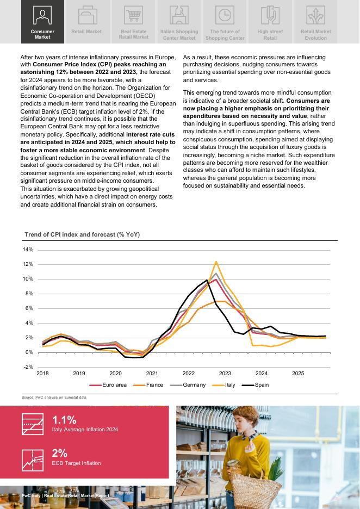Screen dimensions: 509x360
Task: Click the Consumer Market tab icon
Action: pyautogui.click(x=42, y=15)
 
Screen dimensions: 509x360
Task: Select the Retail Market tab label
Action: pyautogui.click(x=86, y=32)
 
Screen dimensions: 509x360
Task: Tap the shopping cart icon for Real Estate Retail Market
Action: pyautogui.click(x=133, y=15)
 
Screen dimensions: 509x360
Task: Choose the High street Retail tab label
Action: pyautogui.click(x=270, y=35)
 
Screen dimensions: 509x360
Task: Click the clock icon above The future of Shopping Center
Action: pyautogui.click(x=224, y=15)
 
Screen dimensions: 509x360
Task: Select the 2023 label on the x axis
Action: pyautogui.click(x=225, y=374)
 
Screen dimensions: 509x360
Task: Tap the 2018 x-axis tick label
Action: pyautogui.click(x=42, y=374)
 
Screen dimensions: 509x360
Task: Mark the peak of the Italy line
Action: pyautogui.click(x=216, y=262)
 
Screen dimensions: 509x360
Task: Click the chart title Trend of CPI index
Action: pyautogui.click(x=82, y=234)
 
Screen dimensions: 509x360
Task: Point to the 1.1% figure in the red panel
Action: pyautogui.click(x=64, y=420)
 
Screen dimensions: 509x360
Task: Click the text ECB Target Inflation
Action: pyautogui.click(x=76, y=463)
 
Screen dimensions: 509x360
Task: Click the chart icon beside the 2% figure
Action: pyautogui.click(x=32, y=460)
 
